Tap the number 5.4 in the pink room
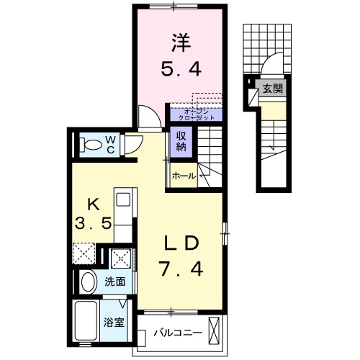coord(180,70)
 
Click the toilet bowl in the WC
coord(91,145)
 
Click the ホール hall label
coord(184,175)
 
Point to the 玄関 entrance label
coord(272,89)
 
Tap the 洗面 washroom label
coord(114,282)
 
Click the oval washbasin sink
coord(88,282)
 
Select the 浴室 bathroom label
coord(115,322)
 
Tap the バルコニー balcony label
coord(176,333)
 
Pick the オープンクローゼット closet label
coord(197,114)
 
